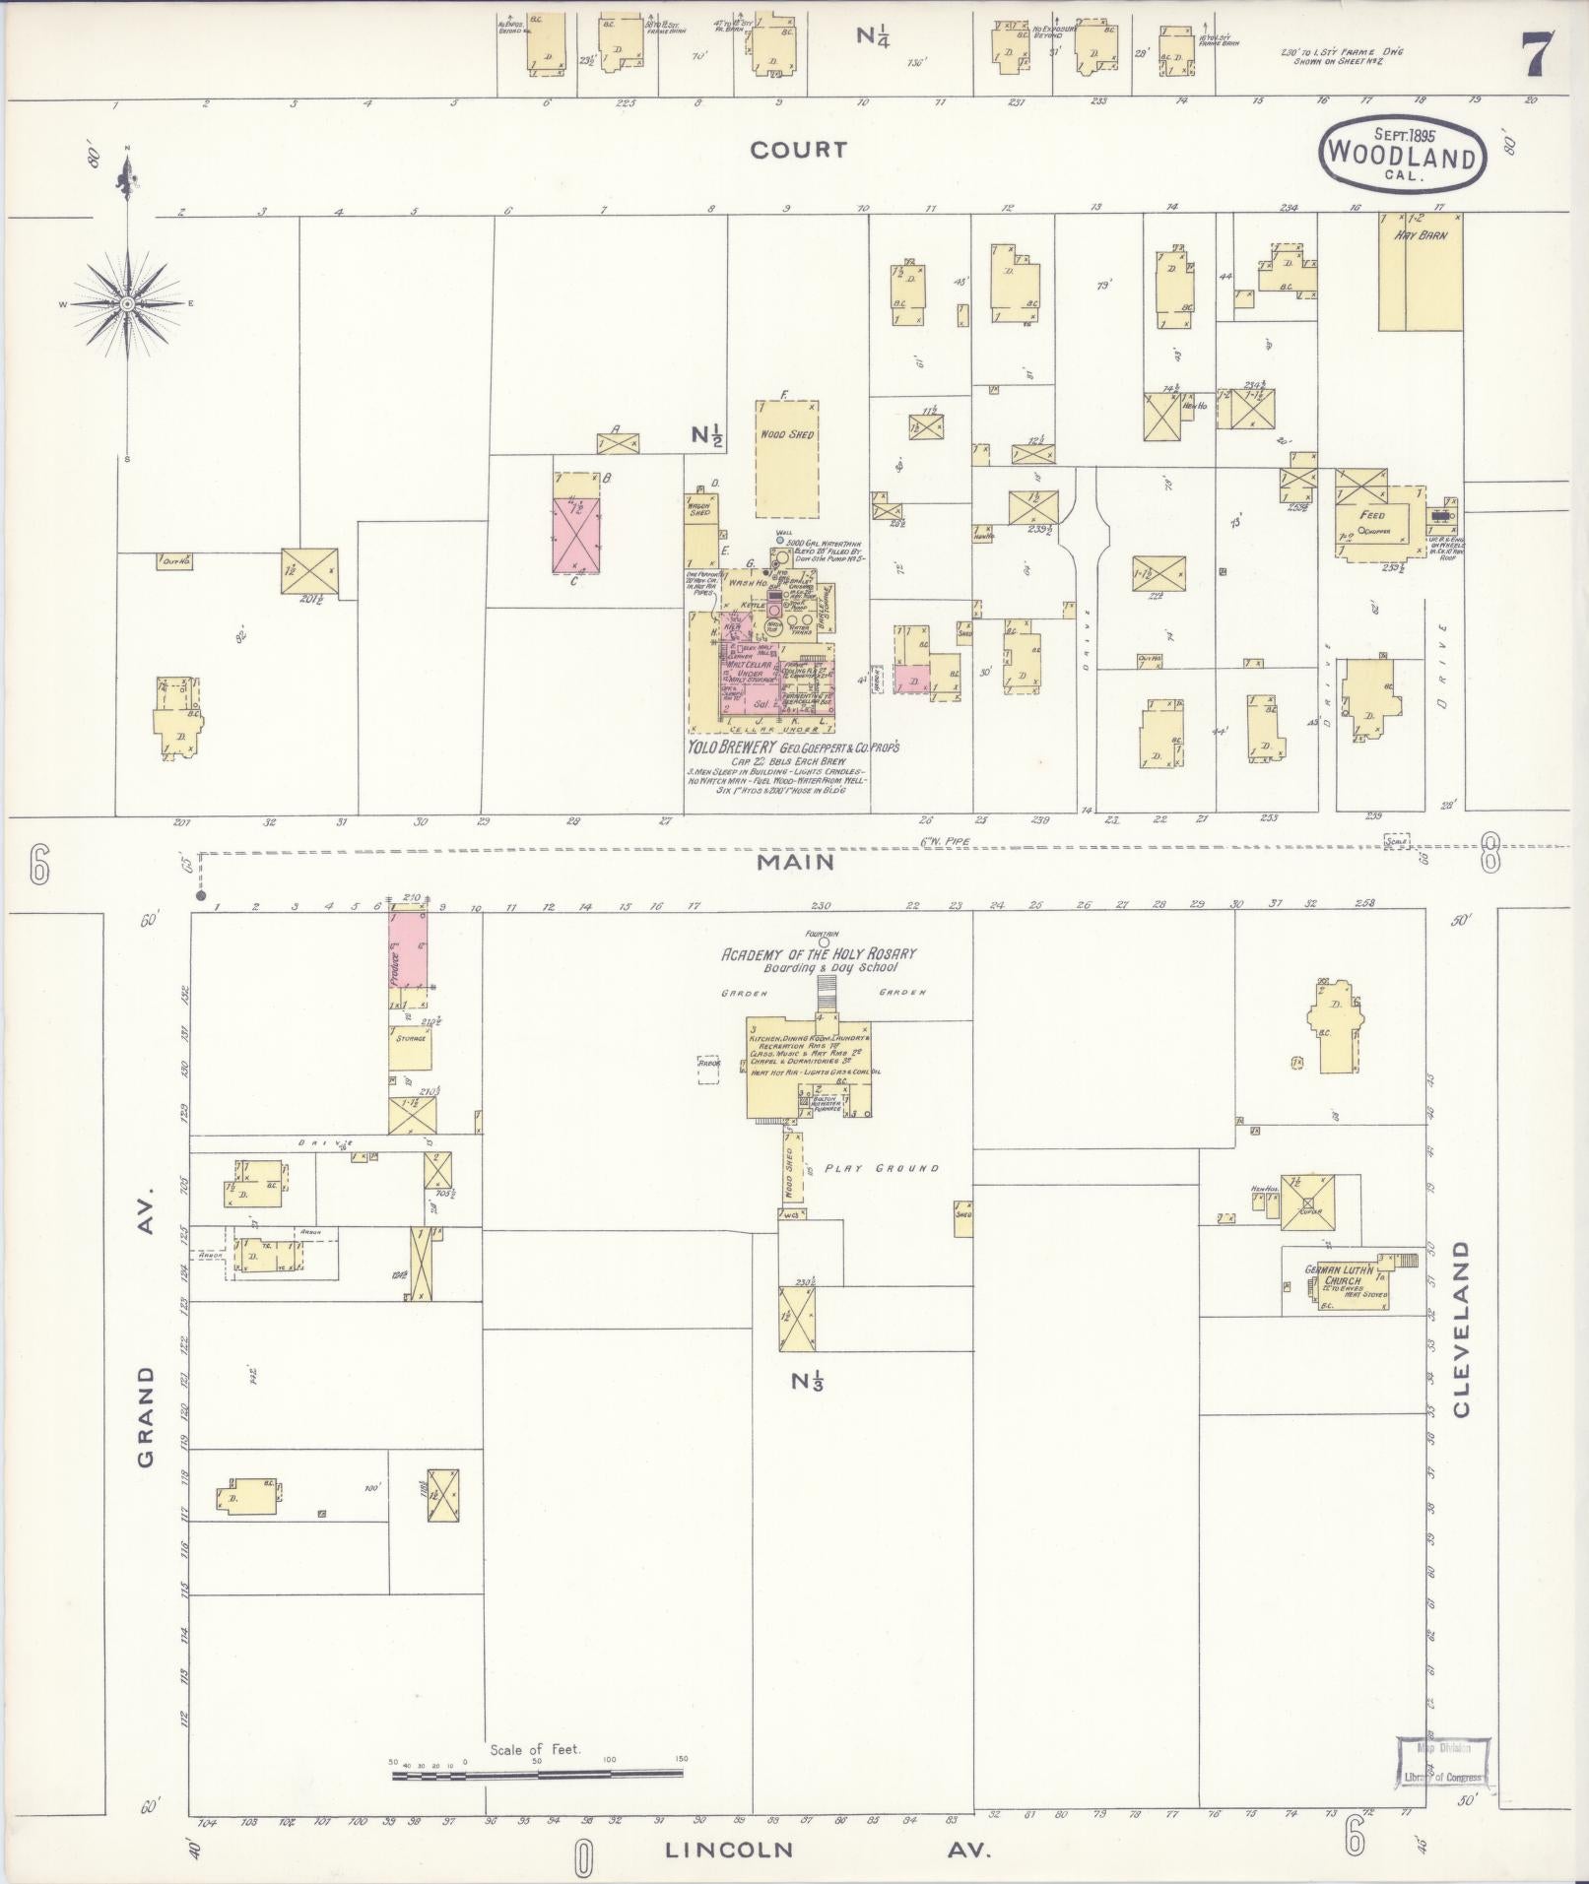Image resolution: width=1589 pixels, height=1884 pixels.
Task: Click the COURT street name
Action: tap(798, 150)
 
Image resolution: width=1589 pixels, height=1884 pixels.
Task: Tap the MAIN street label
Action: tap(797, 862)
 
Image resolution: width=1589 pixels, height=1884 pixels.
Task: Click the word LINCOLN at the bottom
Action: tap(729, 1849)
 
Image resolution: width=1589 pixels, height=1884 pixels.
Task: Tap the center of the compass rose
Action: tap(128, 303)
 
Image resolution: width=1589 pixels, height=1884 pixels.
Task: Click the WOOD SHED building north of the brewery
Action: tap(787, 458)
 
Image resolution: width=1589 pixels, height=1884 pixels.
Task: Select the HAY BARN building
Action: tap(1420, 273)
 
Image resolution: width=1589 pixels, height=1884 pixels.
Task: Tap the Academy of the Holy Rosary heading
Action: tap(819, 954)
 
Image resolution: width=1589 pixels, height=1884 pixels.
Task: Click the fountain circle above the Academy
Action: tap(824, 942)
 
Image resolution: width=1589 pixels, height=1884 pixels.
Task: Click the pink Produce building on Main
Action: tap(408, 950)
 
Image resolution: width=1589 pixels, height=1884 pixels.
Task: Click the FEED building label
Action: tap(1371, 515)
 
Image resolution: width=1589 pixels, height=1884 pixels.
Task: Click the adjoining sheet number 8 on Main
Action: tap(1490, 857)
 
